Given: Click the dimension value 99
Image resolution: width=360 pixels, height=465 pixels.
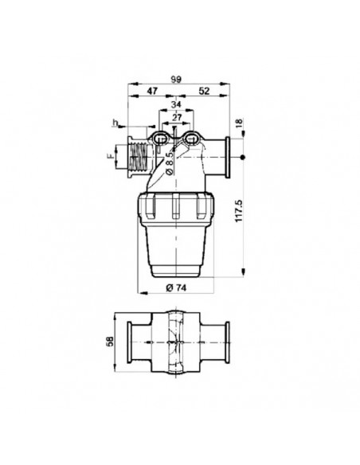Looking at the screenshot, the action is coord(175,80).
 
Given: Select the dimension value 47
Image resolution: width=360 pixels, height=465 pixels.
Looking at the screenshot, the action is coord(152,91).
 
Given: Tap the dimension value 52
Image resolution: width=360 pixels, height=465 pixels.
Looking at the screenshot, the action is coord(204,91).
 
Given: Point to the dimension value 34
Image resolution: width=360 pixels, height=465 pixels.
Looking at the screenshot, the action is coord(176,104).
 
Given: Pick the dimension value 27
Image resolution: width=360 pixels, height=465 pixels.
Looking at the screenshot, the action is coord(177,117).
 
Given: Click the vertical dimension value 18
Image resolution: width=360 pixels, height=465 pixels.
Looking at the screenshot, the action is coord(239,123).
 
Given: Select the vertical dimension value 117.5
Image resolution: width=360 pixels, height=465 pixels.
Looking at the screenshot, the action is coord(239,210).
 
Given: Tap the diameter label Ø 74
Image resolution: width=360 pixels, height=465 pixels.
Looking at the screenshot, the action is coord(176,287).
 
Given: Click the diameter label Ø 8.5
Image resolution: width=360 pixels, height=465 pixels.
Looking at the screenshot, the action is coord(169,164).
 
